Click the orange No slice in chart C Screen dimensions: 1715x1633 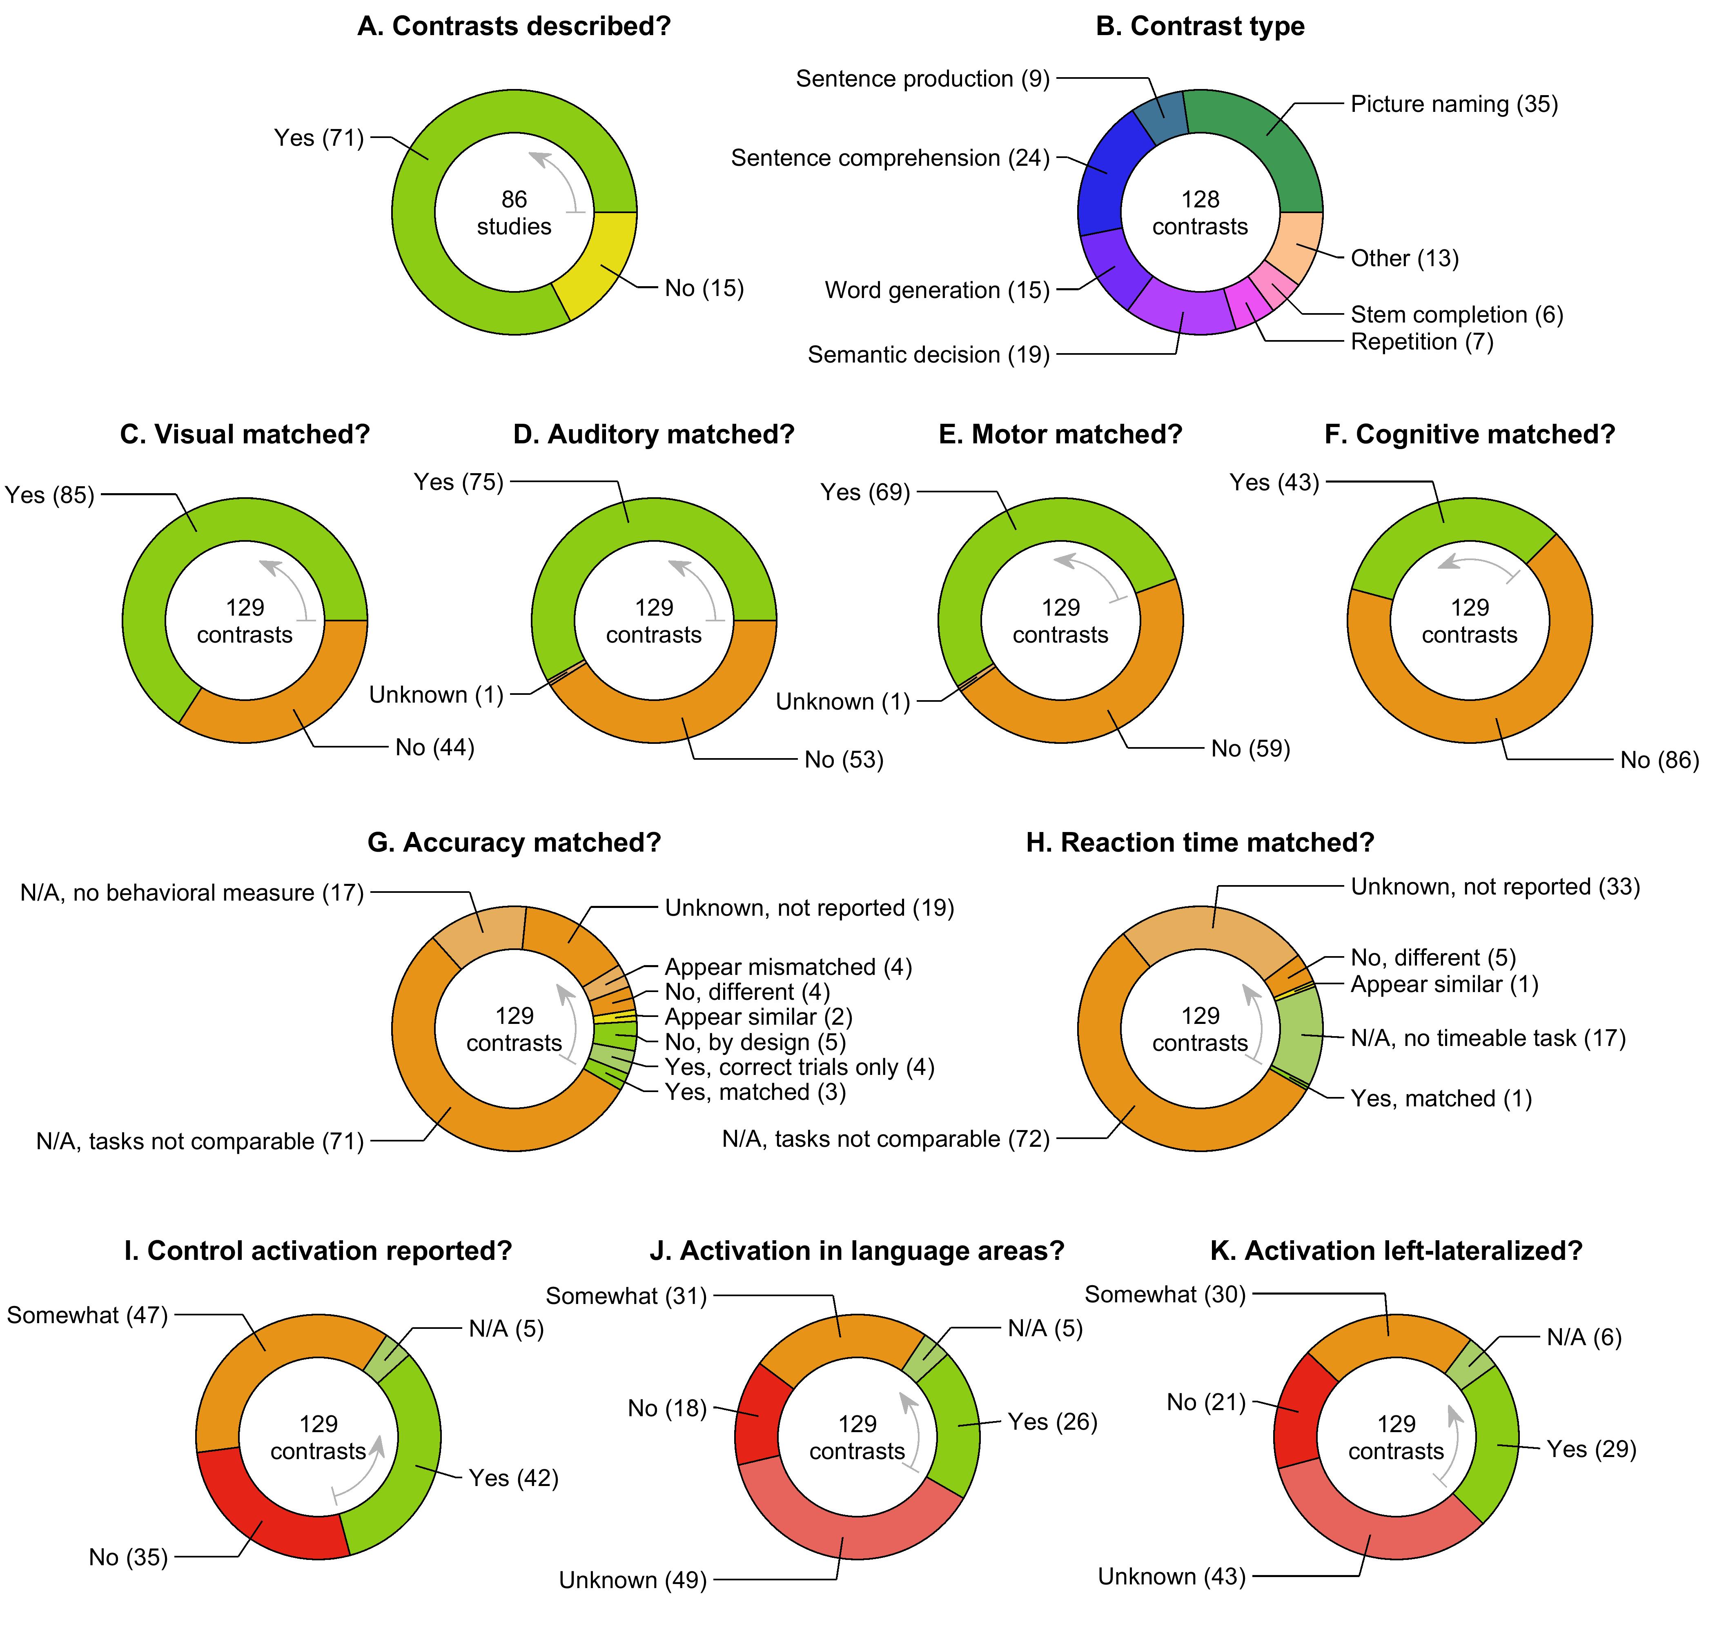[287, 701]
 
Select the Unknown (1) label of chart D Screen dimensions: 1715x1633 [436, 694]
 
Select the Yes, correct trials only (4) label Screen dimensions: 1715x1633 [799, 1067]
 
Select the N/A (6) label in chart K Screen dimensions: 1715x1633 [1584, 1337]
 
